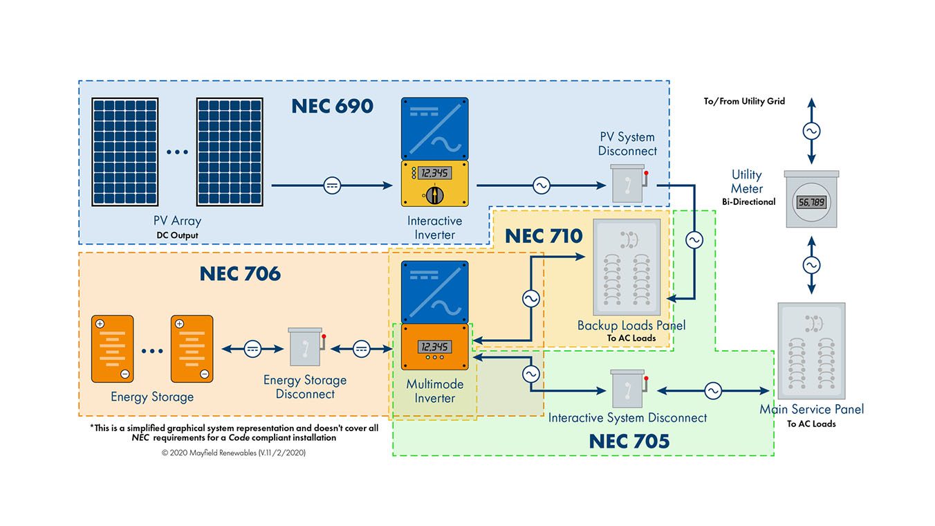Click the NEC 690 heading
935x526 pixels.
click(332, 106)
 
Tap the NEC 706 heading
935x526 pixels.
click(240, 274)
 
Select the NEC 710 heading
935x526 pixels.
click(544, 236)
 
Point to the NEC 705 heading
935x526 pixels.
click(629, 442)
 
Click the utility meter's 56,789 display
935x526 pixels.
click(811, 203)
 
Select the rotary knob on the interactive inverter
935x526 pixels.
click(434, 194)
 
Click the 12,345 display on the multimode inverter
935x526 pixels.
click(434, 347)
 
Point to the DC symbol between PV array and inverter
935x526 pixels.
click(332, 185)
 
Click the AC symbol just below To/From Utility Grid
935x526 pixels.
click(811, 131)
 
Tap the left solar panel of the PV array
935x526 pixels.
click(124, 152)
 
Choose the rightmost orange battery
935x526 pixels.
click(192, 349)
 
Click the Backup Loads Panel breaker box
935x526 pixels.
click(627, 267)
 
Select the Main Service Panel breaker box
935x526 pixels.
click(811, 351)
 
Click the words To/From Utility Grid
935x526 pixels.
click(744, 101)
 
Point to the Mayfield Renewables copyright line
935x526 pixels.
click(234, 453)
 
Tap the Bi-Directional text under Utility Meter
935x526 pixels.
click(749, 202)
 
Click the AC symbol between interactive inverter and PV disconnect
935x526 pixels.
click(541, 185)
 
